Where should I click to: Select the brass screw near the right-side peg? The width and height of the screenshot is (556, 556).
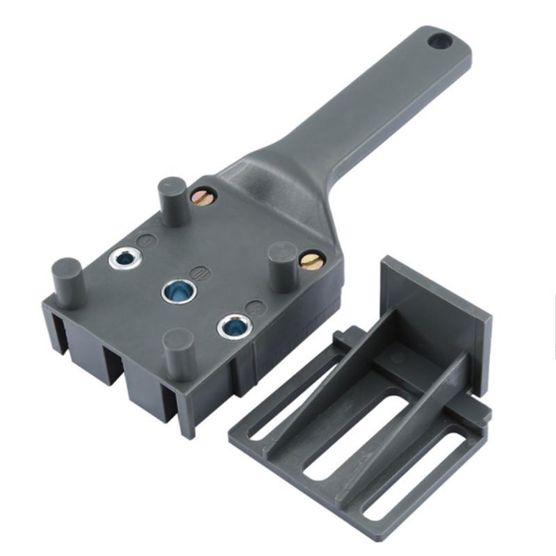tap(311, 261)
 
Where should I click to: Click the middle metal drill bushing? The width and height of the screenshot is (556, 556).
tap(177, 291)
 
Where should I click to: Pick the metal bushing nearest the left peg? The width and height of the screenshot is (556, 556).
tap(126, 259)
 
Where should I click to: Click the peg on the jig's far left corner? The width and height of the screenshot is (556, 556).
tap(67, 281)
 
